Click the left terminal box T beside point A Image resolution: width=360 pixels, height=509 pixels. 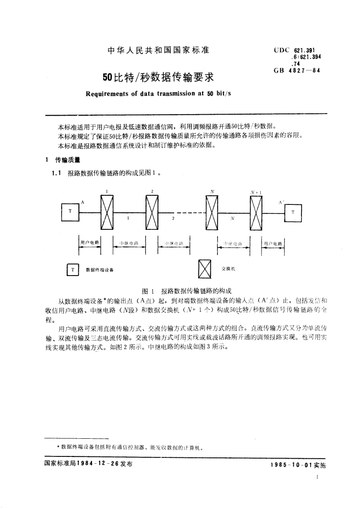70,212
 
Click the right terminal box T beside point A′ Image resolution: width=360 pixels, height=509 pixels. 292,212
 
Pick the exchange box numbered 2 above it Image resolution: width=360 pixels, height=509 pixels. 151,212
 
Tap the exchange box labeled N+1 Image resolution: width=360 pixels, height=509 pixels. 256,212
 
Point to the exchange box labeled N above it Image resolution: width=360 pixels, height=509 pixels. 211,212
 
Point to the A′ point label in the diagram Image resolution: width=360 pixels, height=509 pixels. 281,202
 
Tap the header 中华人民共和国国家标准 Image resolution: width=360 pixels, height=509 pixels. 158,50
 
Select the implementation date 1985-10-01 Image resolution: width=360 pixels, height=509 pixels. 288,465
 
